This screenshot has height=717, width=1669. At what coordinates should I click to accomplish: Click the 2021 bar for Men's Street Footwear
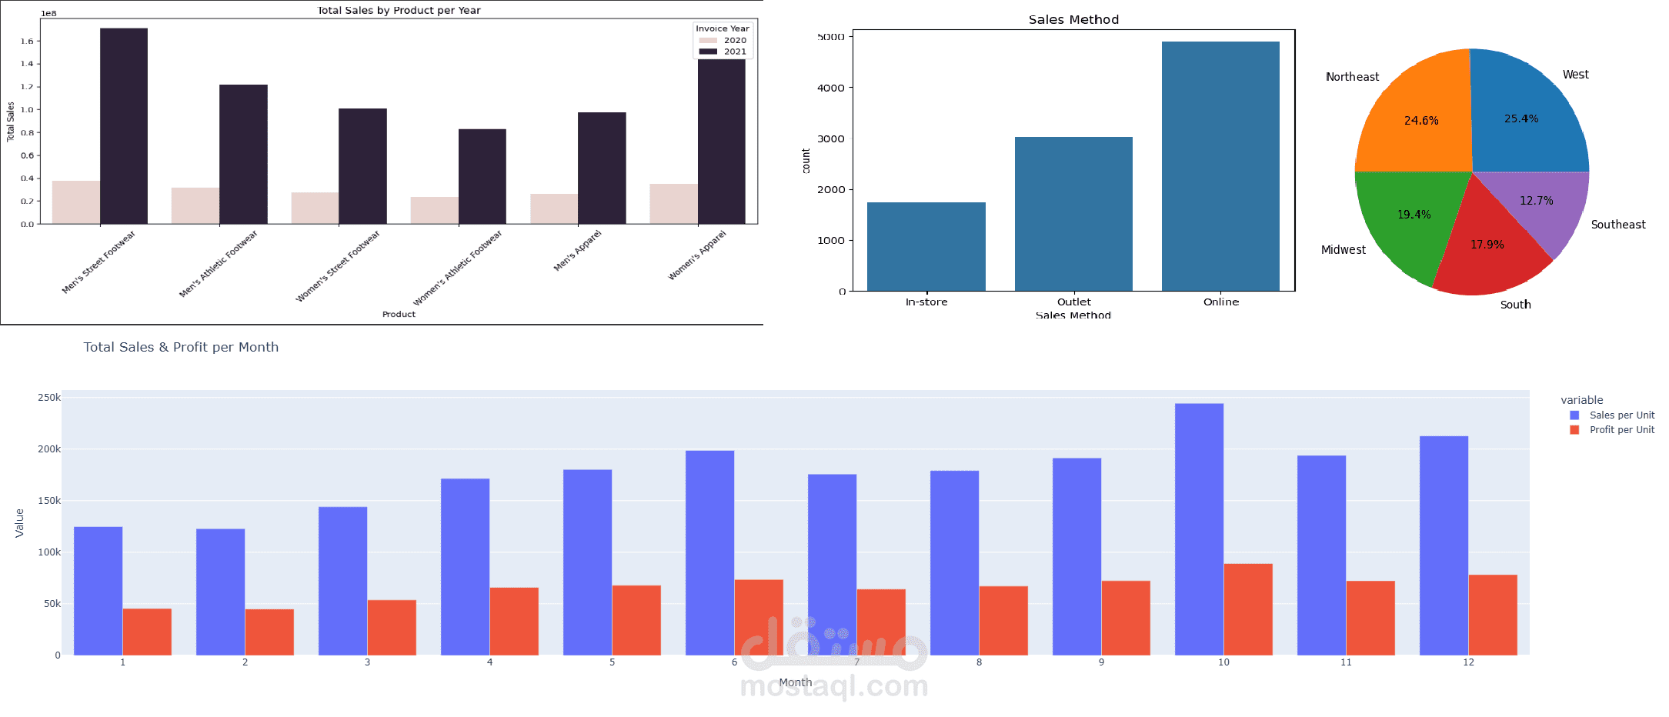pos(124,127)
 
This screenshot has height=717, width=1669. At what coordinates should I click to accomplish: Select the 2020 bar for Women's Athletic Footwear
pos(434,211)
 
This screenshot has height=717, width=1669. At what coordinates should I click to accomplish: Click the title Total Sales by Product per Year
pos(399,10)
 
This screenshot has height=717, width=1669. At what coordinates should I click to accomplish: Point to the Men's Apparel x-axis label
pos(578,250)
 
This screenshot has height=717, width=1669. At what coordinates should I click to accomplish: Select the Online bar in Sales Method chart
pos(1220,166)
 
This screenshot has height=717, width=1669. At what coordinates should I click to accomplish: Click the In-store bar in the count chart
pos(926,246)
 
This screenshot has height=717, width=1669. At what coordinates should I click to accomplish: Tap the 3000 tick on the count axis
pos(830,139)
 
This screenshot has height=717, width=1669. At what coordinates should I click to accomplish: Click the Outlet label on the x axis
pos(1073,302)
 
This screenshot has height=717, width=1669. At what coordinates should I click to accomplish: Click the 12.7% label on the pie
pos(1536,201)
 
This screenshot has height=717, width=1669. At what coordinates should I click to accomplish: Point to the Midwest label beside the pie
pos(1343,250)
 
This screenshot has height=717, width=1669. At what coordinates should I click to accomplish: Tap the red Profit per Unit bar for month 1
pos(147,632)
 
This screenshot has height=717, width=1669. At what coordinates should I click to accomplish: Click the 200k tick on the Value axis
pos(49,449)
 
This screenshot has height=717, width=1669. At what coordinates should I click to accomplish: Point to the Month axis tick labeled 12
pos(1468,662)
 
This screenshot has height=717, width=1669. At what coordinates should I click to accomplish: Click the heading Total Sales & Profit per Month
pos(181,347)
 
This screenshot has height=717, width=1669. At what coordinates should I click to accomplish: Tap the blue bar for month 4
pos(465,567)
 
